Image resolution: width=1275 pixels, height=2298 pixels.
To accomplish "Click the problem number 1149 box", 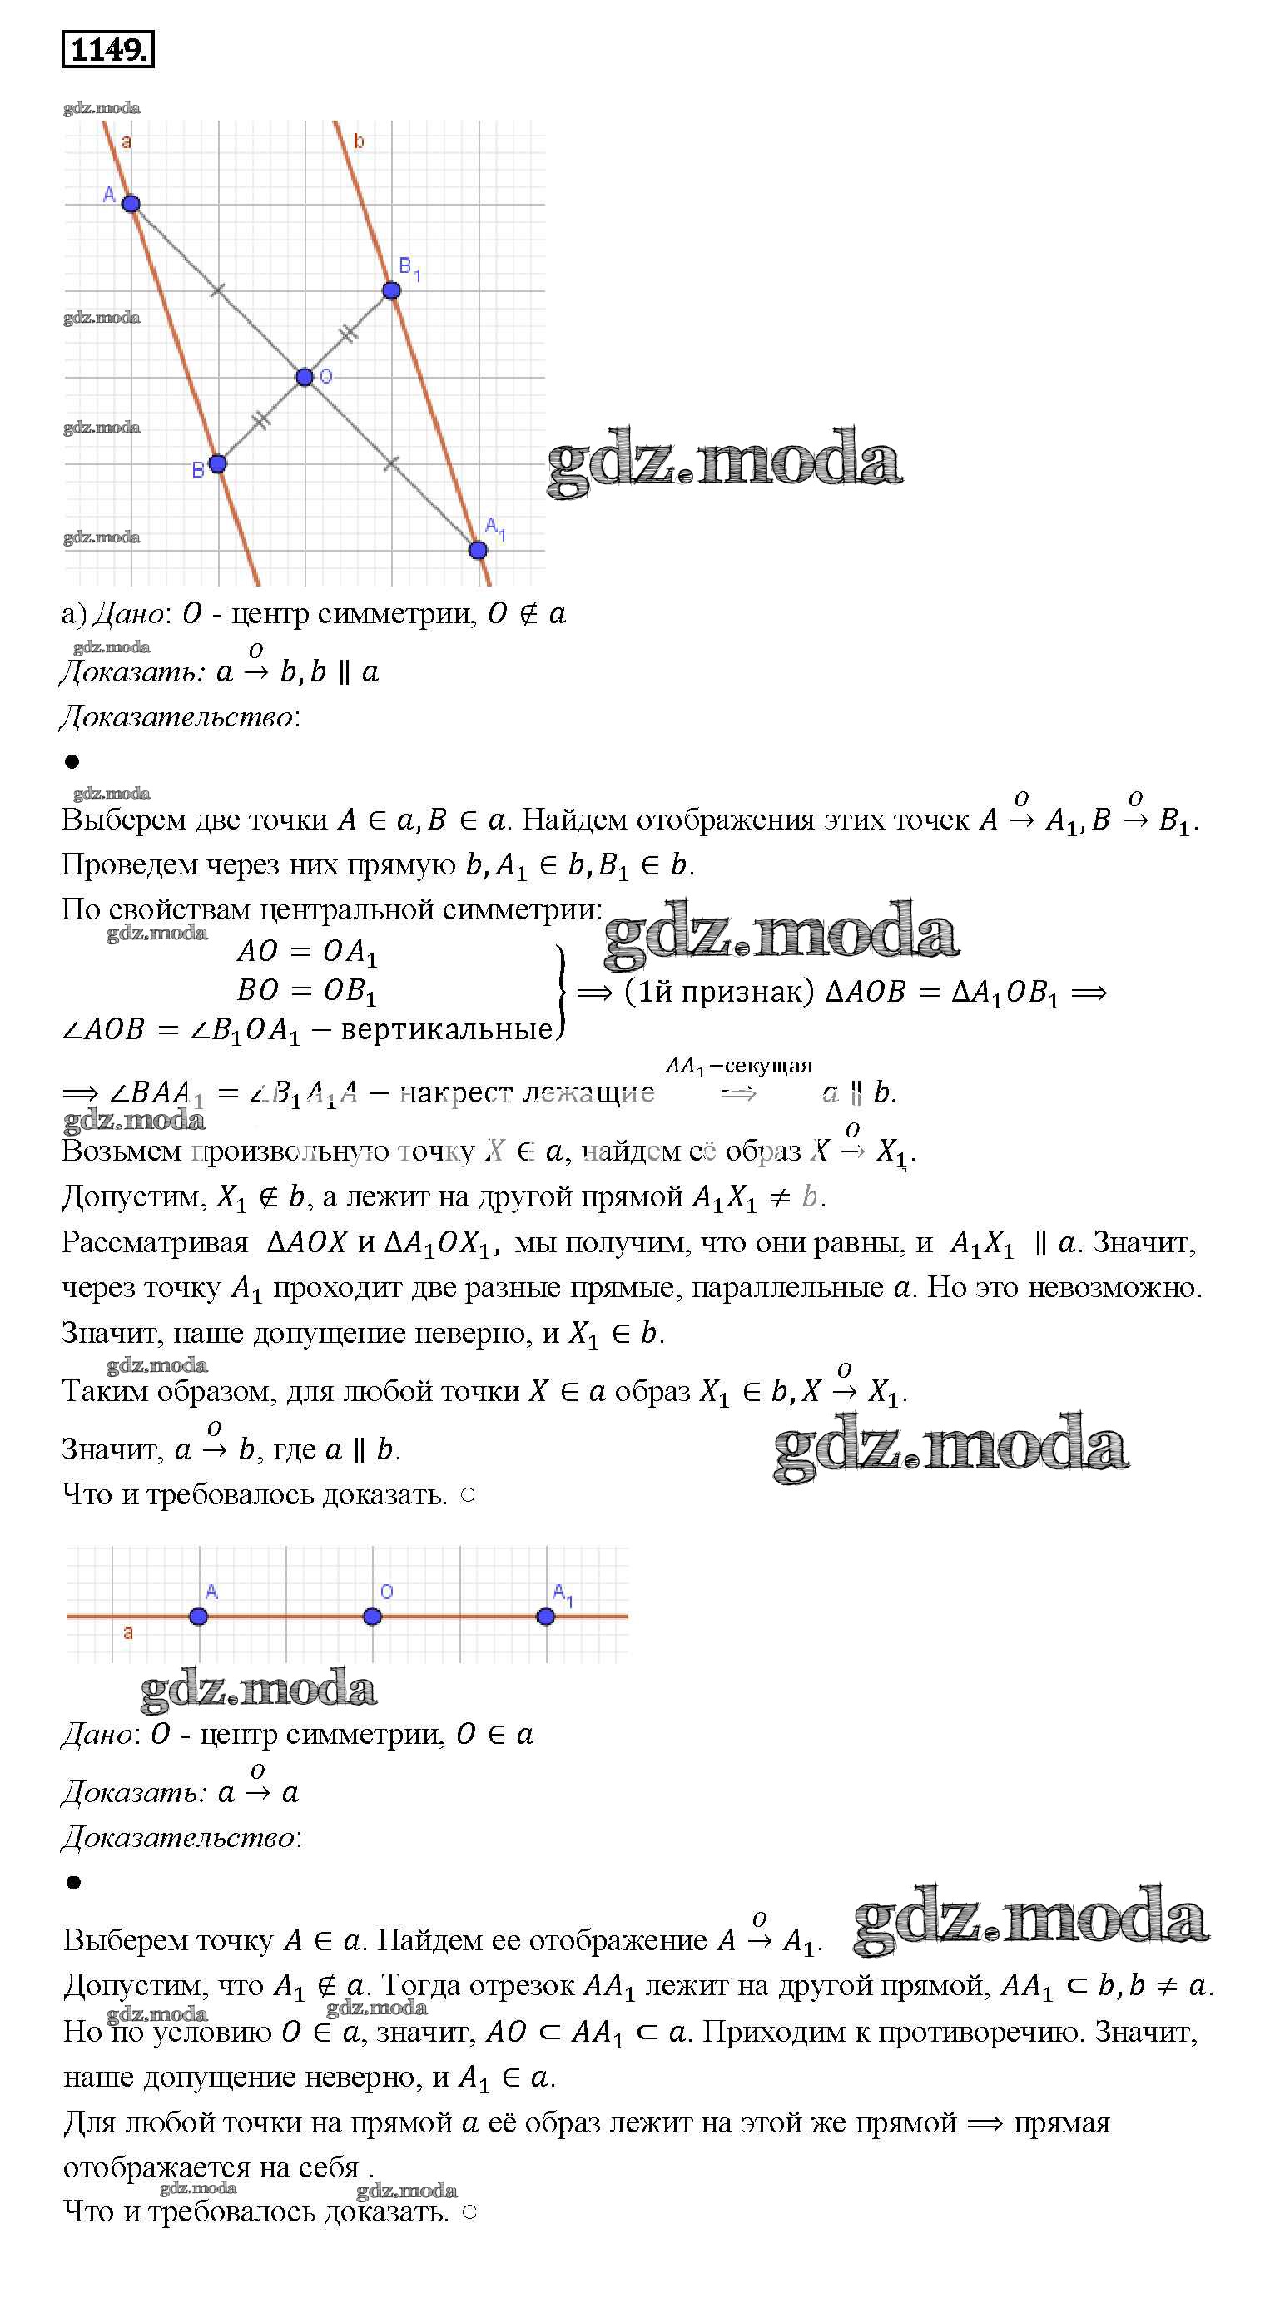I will point(107,49).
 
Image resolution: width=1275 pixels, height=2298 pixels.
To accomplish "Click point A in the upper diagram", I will point(131,203).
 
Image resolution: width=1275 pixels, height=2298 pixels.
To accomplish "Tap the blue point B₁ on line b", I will point(392,290).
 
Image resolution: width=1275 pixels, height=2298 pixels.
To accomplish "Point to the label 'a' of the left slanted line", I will point(127,141).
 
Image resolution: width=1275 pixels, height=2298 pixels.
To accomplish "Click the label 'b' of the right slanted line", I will point(359,141).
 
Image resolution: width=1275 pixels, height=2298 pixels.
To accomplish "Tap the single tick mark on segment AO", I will point(218,290).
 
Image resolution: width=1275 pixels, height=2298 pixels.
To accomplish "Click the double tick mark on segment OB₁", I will point(348,334).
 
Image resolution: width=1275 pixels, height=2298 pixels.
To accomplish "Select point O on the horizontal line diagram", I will point(372,1617).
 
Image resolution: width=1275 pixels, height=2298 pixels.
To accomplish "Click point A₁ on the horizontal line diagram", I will point(546,1617).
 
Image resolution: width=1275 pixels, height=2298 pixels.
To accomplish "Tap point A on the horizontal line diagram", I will point(199,1617).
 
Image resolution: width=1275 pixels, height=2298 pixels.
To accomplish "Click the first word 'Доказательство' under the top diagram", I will point(176,716).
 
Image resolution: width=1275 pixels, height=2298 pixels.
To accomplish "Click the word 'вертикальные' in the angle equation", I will point(446,1029).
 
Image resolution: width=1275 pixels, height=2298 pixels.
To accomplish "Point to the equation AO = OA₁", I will point(307,952).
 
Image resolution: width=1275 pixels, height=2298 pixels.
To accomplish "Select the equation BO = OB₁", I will point(307,991).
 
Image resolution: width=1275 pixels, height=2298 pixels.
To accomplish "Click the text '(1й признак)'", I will point(719,992).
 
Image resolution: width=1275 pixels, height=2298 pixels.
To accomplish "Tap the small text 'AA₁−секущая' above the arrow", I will point(739,1066).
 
